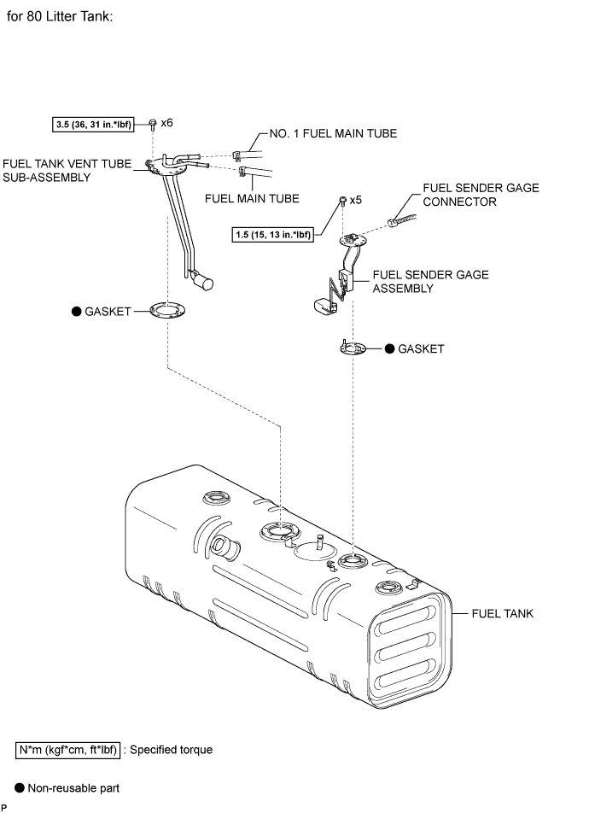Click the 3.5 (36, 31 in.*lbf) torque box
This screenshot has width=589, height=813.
99,125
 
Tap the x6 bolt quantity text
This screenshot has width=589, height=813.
166,123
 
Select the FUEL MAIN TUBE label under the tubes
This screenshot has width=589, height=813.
252,198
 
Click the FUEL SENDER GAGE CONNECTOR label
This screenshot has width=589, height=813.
481,196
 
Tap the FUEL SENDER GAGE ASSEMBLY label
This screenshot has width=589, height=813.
430,282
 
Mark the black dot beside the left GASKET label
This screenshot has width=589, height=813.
76,313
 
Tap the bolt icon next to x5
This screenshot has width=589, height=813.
342,201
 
